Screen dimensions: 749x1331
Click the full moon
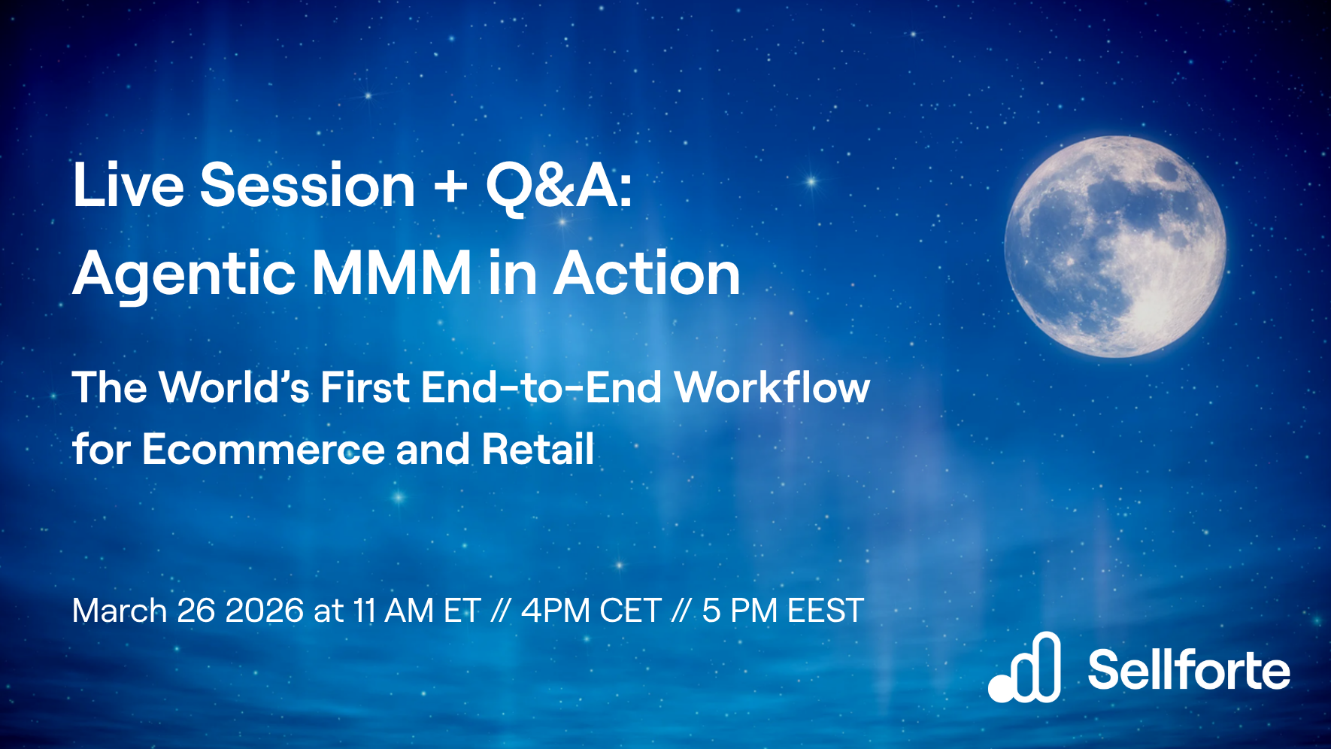[1115, 247]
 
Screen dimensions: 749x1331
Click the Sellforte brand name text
[1188, 670]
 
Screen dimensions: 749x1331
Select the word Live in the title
[128, 186]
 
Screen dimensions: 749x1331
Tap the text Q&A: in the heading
[559, 186]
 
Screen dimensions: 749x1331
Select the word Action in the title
[647, 274]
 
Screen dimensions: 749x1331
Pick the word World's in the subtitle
[235, 388]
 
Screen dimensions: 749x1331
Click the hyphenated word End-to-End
[541, 388]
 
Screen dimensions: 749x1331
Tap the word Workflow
[772, 388]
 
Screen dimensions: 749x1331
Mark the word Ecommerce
[263, 450]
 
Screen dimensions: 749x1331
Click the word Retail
[538, 450]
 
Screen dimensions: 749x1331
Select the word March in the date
[120, 611]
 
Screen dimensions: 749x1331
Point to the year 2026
[264, 611]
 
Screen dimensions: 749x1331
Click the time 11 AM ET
[417, 611]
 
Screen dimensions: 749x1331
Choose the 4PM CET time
[591, 611]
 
